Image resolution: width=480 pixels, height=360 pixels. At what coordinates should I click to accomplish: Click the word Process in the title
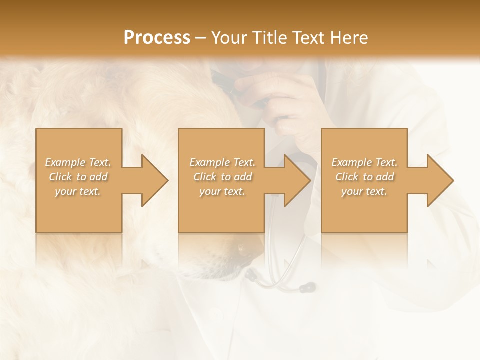[x=157, y=38]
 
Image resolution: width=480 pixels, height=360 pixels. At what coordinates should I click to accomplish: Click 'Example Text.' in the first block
[x=78, y=162]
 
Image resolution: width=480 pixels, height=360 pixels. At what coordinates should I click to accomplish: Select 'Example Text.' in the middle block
[x=222, y=162]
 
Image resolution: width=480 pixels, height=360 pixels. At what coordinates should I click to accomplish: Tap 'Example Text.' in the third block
[x=364, y=162]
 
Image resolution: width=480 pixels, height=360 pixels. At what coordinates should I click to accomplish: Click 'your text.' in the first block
[x=78, y=191]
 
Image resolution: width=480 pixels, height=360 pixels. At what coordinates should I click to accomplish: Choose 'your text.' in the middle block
[x=222, y=191]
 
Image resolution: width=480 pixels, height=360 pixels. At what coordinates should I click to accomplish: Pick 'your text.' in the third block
[x=364, y=191]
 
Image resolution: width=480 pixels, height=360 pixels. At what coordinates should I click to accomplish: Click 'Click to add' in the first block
[x=78, y=177]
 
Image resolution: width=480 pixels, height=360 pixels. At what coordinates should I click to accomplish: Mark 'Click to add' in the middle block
[x=222, y=177]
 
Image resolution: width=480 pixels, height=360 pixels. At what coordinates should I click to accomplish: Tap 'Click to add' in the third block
[x=364, y=177]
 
